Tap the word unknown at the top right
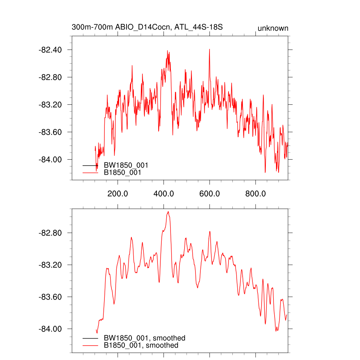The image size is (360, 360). tap(273, 28)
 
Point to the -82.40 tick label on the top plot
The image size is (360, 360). tap(50, 50)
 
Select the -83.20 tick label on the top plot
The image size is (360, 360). tap(50, 104)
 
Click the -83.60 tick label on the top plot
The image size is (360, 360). tap(50, 132)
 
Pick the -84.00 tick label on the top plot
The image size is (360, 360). tap(50, 160)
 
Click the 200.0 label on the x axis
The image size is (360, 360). tap(118, 194)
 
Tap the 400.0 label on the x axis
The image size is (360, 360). tap(164, 194)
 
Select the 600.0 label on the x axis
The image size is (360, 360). tap(210, 194)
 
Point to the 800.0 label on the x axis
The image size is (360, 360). tap(256, 194)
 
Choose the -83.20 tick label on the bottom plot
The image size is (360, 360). tap(50, 265)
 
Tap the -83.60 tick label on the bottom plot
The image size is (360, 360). tap(50, 297)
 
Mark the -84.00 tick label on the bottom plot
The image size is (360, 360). tap(50, 329)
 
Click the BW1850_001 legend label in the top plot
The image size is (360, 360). tap(126, 165)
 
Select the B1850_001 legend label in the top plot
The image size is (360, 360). tap(122, 173)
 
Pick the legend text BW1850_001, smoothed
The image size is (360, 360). tap(144, 338)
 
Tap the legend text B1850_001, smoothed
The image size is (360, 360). tap(141, 345)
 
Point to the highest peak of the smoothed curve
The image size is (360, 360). tap(168, 212)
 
